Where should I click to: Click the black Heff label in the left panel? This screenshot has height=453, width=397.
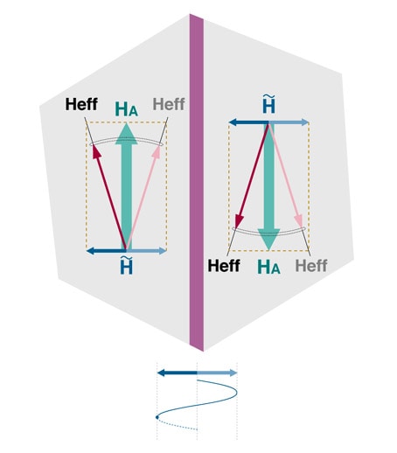(x=81, y=104)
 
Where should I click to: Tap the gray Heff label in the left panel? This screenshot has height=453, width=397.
(x=169, y=104)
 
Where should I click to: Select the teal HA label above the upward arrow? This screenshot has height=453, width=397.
(x=126, y=109)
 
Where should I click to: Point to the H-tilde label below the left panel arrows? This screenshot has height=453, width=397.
(x=126, y=266)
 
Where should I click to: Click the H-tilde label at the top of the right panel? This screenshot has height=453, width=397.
(x=268, y=104)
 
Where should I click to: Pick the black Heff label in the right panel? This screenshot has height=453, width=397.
(x=224, y=266)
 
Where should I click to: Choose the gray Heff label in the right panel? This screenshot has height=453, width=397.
(x=311, y=266)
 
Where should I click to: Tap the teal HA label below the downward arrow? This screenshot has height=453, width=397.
(x=268, y=267)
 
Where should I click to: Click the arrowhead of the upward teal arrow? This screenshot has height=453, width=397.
(x=126, y=134)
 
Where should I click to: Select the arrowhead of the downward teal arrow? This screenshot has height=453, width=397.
(x=268, y=240)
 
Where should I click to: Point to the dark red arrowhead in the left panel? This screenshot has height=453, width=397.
(x=96, y=151)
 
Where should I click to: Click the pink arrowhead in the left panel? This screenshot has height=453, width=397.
(x=157, y=151)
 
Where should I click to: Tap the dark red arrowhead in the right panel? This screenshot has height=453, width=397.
(x=239, y=220)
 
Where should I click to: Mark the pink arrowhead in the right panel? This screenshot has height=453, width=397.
(x=299, y=220)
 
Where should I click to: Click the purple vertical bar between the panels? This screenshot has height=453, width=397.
(x=197, y=182)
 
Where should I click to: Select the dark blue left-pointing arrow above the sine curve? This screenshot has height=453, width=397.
(x=178, y=373)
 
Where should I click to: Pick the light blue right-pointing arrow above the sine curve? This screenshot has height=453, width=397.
(x=217, y=373)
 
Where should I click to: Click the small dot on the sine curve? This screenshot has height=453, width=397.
(x=157, y=417)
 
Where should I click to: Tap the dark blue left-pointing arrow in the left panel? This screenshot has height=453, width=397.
(x=107, y=250)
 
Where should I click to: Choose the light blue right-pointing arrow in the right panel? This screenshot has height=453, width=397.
(x=289, y=122)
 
